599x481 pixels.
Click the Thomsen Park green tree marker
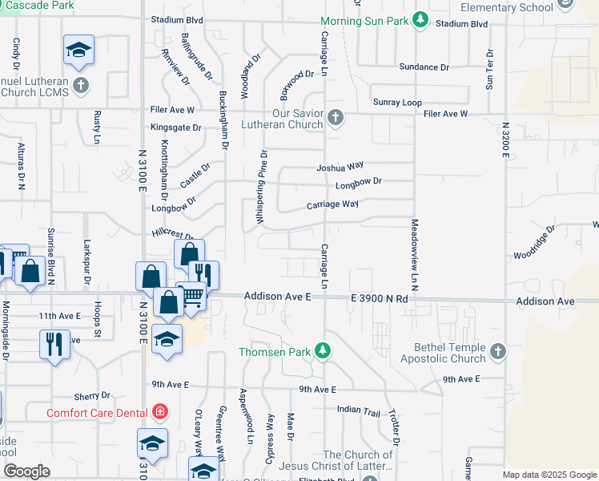click(x=322, y=350)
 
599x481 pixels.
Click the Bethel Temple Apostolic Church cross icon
click(x=497, y=352)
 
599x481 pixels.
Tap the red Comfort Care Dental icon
click(x=161, y=413)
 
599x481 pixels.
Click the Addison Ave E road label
click(x=278, y=297)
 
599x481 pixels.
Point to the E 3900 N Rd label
click(x=380, y=298)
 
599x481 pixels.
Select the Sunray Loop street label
click(x=397, y=103)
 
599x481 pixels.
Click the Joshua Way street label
click(x=340, y=168)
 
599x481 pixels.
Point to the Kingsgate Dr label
click(x=176, y=127)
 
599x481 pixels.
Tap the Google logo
click(x=27, y=471)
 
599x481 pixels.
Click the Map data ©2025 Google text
click(x=549, y=475)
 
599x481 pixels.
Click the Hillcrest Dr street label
click(x=173, y=234)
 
